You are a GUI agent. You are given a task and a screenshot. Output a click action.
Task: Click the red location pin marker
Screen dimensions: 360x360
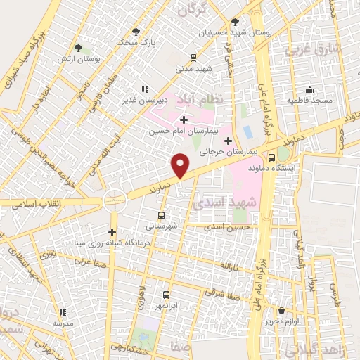(x=181, y=165)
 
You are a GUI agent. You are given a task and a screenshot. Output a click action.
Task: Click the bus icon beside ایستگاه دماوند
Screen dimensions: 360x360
(x=271, y=157)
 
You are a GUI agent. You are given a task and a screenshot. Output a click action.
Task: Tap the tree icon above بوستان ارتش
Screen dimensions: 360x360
(x=82, y=47)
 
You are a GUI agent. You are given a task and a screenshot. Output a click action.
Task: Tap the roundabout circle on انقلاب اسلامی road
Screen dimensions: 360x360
(x=115, y=200)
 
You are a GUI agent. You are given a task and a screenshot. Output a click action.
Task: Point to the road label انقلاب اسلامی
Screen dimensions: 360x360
(x=34, y=204)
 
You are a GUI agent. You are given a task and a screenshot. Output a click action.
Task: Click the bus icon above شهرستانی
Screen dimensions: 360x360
(x=162, y=216)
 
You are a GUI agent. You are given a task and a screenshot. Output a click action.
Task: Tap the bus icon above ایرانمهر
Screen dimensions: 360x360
(x=167, y=295)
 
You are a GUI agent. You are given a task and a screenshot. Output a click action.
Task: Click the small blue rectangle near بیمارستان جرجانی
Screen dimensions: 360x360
(x=247, y=131)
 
